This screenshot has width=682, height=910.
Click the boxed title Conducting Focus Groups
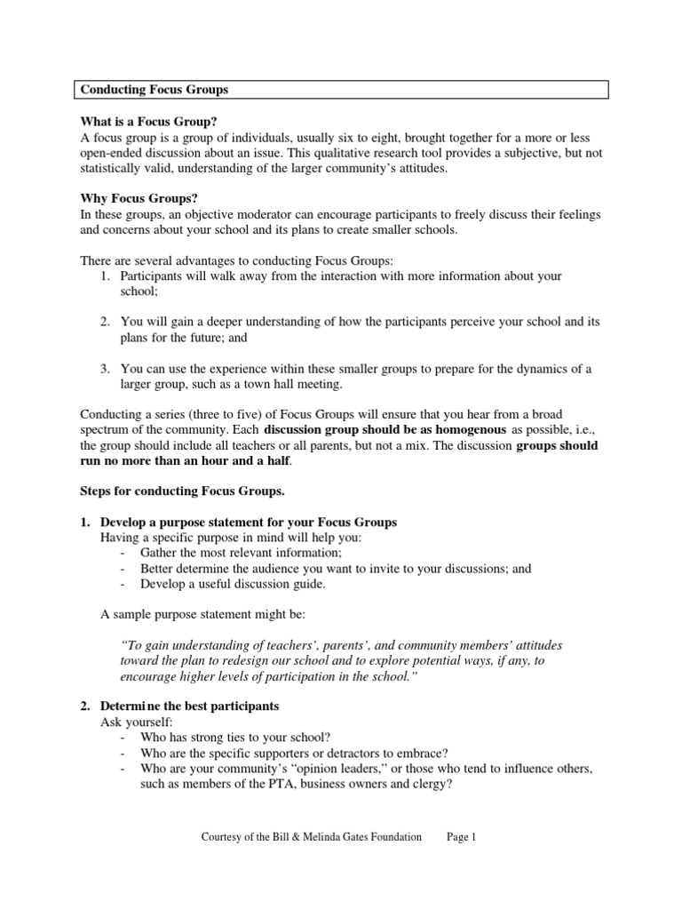155,90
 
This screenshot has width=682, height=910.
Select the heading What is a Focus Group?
149,122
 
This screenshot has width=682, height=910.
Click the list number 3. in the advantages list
104,369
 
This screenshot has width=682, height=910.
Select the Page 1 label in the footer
461,838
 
